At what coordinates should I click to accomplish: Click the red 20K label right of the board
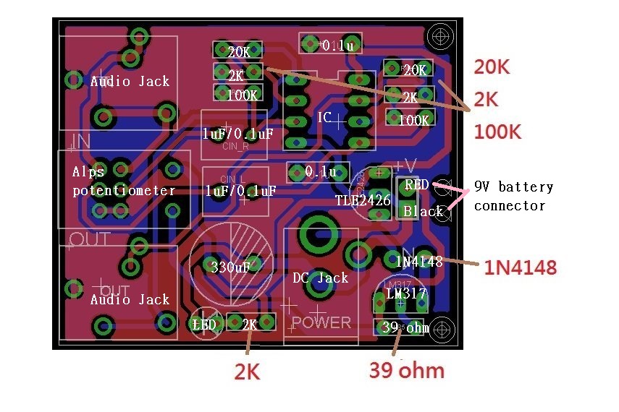[492, 67]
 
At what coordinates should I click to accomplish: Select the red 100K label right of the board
[497, 132]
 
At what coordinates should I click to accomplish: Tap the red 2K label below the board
[246, 372]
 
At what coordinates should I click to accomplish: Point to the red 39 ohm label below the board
[406, 370]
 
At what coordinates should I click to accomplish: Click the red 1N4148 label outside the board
[521, 268]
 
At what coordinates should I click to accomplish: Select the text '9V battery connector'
[513, 196]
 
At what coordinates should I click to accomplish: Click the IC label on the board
[325, 117]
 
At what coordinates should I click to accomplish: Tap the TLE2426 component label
[363, 200]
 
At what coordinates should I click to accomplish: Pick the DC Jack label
[320, 278]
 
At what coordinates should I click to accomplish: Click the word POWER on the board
[322, 322]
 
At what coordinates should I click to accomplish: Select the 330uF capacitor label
[230, 267]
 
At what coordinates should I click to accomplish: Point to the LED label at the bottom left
[204, 325]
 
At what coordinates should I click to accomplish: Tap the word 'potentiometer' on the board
[124, 191]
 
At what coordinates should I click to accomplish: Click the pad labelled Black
[422, 211]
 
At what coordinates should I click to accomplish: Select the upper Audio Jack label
[130, 81]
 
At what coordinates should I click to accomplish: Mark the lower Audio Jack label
[130, 299]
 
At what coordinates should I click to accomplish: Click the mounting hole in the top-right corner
[440, 35]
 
